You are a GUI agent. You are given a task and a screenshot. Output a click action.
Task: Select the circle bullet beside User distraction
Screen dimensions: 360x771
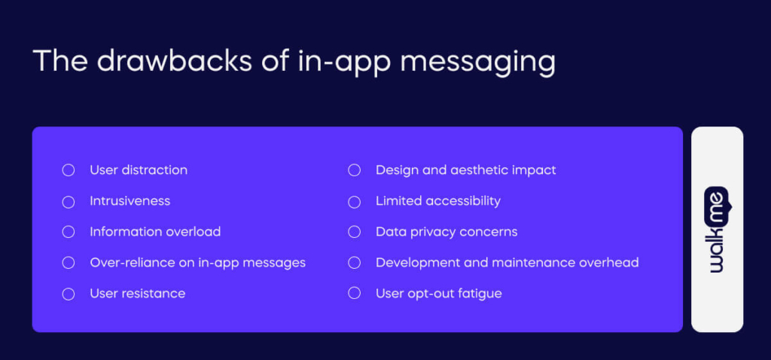pos(69,170)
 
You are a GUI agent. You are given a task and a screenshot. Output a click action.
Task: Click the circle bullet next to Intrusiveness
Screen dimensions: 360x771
pos(69,201)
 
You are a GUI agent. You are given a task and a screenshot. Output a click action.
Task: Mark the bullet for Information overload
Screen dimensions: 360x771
pos(69,232)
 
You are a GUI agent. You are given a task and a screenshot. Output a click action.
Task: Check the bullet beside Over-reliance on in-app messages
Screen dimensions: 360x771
pos(69,263)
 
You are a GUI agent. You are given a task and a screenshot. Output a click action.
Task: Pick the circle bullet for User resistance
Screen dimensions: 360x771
pos(69,294)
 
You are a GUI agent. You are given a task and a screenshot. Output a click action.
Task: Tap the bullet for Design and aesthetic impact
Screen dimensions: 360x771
pos(354,170)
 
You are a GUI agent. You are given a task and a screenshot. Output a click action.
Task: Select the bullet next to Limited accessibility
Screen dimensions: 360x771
pos(354,201)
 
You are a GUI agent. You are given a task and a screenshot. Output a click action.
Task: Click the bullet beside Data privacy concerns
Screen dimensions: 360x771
pos(354,232)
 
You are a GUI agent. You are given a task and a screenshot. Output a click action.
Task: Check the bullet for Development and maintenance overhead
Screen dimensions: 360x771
pos(354,263)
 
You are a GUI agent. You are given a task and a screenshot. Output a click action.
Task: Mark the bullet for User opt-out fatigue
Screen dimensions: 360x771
pos(354,294)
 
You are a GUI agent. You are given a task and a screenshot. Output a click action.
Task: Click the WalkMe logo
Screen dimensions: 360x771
pos(717,230)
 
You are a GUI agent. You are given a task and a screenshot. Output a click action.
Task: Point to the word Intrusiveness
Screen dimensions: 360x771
pos(130,201)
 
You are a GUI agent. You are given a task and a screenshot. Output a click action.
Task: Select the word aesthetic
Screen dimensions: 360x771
pos(479,170)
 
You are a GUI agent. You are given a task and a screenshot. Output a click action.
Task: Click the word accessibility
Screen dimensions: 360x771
pos(463,201)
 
